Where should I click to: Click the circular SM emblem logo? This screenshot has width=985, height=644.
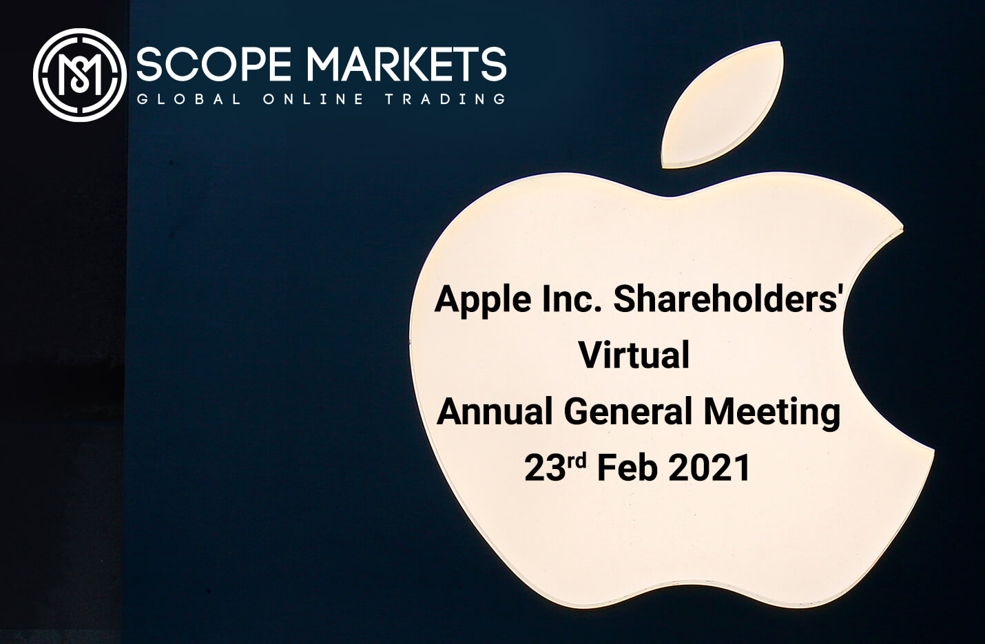80,74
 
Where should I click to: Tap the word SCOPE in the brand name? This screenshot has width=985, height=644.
214,64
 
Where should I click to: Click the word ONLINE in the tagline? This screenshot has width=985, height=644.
313,99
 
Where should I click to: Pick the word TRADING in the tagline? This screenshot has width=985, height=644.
446,99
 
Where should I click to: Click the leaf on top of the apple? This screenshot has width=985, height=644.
722,105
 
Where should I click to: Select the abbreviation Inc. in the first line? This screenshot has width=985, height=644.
572,299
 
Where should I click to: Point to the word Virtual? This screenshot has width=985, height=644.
634,355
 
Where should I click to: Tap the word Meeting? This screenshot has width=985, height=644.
772,414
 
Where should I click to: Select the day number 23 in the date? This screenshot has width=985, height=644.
545,468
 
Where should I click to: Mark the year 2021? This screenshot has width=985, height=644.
709,468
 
